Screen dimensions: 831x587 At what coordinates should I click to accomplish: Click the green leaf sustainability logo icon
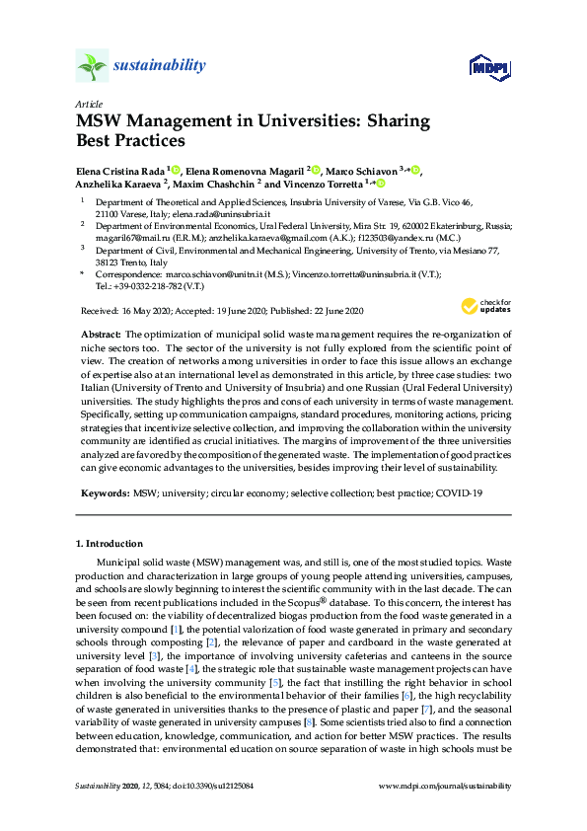point(92,67)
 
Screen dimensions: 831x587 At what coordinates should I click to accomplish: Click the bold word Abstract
point(100,336)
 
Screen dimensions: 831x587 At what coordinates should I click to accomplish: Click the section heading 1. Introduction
point(110,544)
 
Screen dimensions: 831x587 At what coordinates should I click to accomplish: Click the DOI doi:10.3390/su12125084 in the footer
point(216,787)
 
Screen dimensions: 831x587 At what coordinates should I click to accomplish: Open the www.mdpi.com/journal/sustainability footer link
point(446,787)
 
